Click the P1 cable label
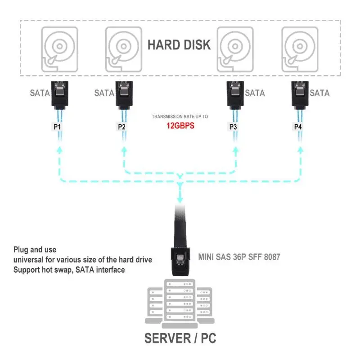click(58, 127)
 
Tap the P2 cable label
click(122, 127)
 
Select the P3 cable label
click(234, 127)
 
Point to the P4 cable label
click(298, 127)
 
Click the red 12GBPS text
click(179, 126)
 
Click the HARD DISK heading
click(179, 45)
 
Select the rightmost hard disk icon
click(299, 49)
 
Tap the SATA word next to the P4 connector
click(319, 93)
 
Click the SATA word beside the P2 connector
click(104, 93)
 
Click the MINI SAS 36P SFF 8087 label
click(239, 257)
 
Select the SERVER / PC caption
click(180, 338)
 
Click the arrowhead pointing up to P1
click(58, 150)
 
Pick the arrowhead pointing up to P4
click(300, 150)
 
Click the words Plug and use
click(35, 249)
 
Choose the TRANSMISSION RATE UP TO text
click(180, 116)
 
